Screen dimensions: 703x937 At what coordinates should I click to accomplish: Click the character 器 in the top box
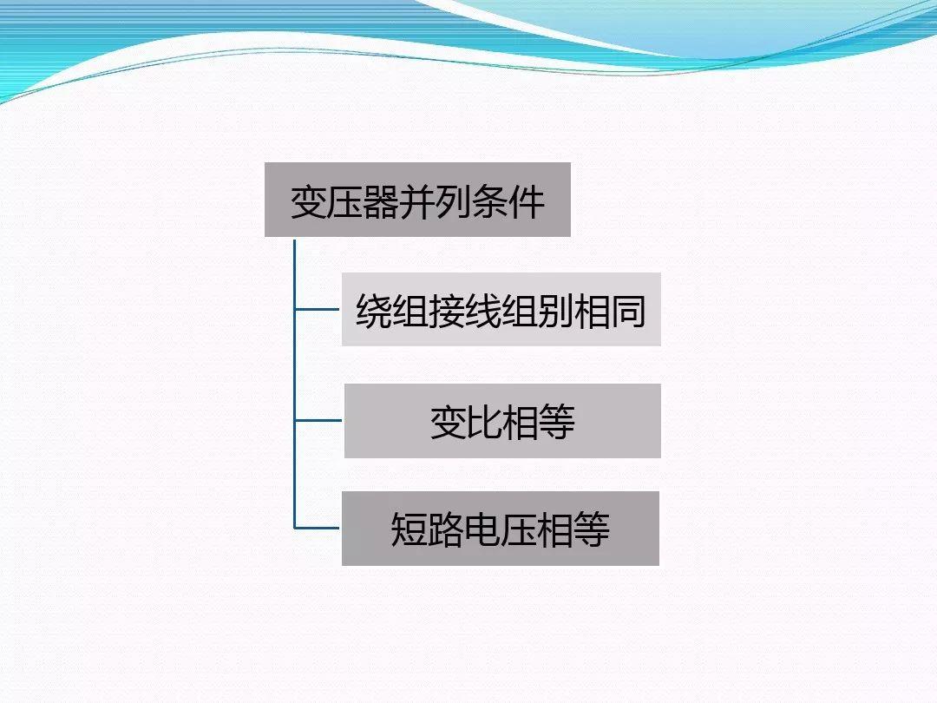tap(381, 200)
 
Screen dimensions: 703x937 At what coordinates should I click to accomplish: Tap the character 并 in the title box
tap(417, 200)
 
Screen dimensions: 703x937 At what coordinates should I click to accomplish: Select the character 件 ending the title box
tap(527, 200)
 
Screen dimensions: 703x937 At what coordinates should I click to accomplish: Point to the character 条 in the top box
tap(490, 200)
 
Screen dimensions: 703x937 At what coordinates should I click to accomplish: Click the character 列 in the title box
tap(454, 200)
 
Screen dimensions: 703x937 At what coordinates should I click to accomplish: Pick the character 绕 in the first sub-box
tap(374, 311)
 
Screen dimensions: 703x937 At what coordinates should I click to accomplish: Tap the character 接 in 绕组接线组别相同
tap(447, 311)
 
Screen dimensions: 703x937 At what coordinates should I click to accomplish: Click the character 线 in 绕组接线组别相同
tap(483, 311)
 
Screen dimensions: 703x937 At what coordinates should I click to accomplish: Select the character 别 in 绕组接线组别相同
tap(556, 311)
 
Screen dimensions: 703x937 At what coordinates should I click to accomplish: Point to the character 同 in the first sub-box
tap(628, 311)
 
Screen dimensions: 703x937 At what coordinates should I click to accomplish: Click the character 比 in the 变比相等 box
tap(484, 422)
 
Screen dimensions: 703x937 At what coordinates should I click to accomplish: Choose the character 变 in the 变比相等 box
tap(448, 422)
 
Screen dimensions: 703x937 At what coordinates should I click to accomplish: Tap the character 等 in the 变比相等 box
tap(557, 422)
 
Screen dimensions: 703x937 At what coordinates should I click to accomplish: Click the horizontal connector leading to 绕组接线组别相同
tap(318, 308)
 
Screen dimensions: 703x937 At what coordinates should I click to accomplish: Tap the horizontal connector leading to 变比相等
tap(318, 420)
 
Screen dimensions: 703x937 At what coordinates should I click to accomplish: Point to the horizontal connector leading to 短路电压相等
tap(318, 527)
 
